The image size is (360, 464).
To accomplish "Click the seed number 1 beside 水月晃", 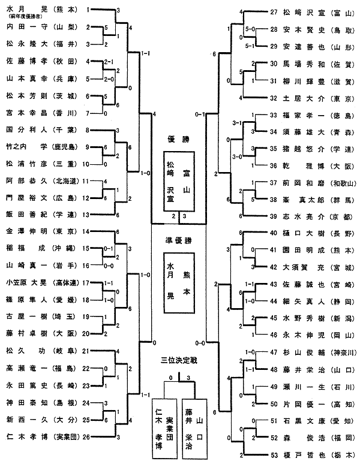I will click(89, 11).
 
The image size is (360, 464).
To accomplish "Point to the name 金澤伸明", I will click(24, 231).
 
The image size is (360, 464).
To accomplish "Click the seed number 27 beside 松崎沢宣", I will click(274, 12).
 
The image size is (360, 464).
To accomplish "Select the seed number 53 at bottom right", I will click(274, 454).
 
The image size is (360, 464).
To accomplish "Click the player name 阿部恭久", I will click(24, 180).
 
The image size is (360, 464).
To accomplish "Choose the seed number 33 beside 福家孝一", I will click(274, 115).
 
